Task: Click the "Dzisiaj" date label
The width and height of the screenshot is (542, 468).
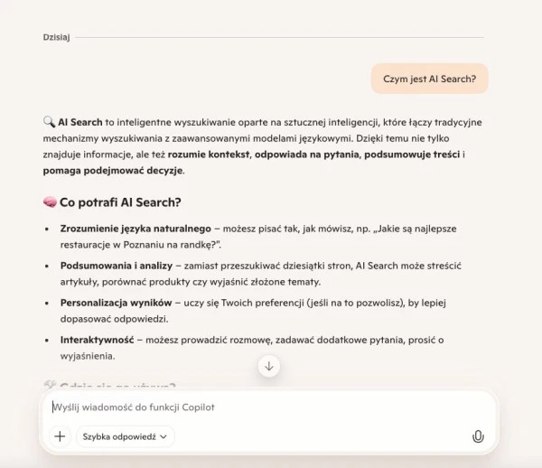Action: [x=56, y=37]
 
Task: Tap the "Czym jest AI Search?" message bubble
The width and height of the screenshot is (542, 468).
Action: [x=429, y=79]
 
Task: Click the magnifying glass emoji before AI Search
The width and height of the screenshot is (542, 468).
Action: [x=50, y=122]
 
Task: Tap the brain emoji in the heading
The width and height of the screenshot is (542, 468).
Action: [x=50, y=202]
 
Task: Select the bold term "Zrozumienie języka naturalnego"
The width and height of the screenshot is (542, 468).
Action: [x=135, y=229]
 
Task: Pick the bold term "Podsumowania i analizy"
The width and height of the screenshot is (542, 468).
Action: [x=117, y=266]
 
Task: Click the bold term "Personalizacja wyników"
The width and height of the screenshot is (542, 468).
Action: [x=116, y=303]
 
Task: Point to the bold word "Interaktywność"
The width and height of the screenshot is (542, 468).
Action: [x=97, y=340]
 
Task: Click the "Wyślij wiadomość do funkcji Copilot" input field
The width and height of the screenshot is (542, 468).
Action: [x=262, y=407]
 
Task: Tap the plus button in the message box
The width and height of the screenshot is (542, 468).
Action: [x=60, y=436]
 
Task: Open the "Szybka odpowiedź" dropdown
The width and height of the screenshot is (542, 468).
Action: [x=126, y=436]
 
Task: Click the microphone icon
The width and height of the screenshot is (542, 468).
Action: [x=478, y=436]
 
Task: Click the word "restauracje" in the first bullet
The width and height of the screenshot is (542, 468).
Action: [x=88, y=244]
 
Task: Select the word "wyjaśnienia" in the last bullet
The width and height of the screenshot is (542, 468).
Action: [x=88, y=356]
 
